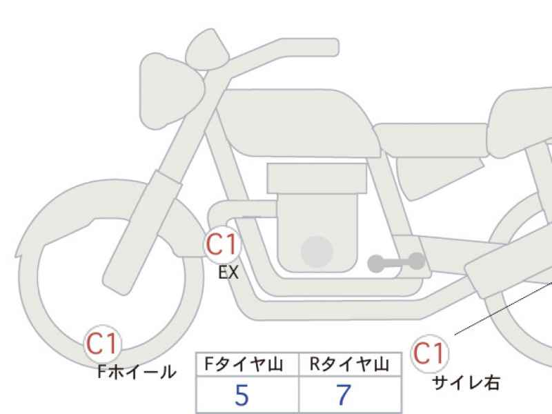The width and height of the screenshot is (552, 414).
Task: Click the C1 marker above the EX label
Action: coord(222,244)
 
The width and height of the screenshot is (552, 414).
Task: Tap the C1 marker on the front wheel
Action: coord(102,344)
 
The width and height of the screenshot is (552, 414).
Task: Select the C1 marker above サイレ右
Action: coord(429,353)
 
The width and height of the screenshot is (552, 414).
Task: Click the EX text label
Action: coord(228,273)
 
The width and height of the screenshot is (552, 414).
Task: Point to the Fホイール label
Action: coord(137,372)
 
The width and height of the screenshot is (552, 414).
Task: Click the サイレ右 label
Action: coord(466,383)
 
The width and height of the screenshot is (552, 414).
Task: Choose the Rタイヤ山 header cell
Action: coord(350,364)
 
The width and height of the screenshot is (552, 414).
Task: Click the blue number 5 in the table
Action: coord(241,395)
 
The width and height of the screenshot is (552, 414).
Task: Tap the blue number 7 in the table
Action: coord(344,395)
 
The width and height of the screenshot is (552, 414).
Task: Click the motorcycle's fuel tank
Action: coord(299,124)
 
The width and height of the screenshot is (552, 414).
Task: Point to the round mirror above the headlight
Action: coord(207,50)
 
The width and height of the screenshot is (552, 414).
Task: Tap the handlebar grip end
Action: coord(331,47)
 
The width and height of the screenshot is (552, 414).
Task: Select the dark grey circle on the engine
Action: coord(317,251)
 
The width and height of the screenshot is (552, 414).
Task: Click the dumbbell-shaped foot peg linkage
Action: coord(396,262)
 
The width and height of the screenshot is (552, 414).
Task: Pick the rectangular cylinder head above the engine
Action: coord(317,178)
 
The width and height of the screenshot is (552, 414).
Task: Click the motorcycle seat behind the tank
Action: coord(431,140)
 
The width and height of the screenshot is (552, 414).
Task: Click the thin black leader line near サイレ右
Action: coord(503,307)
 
